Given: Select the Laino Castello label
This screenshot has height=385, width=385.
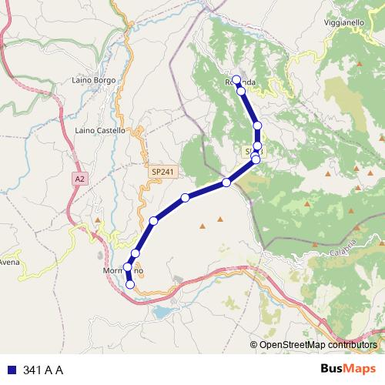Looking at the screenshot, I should point(100,131).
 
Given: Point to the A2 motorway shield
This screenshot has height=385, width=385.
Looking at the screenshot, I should point(79,179).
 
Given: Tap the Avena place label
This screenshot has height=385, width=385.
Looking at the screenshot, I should point(9,262).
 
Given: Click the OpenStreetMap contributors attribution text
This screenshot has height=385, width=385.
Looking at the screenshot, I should point(318,345).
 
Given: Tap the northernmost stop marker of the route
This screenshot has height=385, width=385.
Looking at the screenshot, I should point(237,81).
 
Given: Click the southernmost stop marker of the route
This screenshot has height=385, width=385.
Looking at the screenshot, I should point(130,284).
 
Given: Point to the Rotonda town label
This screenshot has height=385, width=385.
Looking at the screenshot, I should point(239,82).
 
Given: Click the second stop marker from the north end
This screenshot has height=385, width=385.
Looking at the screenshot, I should point(241,91).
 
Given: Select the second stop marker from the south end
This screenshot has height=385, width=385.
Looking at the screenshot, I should point(127,267).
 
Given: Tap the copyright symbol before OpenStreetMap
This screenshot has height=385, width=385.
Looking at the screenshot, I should point(254,345).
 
